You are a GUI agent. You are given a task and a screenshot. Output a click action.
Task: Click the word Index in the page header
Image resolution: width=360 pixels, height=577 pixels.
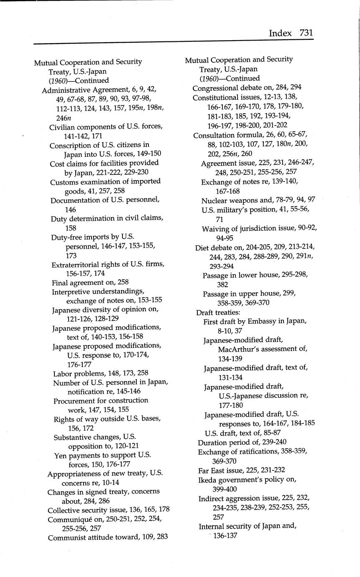coord(280,33)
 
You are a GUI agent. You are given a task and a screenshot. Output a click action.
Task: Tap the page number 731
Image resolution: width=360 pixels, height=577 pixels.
coord(306,33)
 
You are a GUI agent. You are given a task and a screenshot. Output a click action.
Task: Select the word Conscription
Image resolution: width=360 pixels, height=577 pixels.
coord(69,146)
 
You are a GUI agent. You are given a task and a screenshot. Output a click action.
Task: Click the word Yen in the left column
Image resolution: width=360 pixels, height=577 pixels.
coord(60,455)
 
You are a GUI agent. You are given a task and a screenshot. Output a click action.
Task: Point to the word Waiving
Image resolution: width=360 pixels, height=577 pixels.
coord(215,229)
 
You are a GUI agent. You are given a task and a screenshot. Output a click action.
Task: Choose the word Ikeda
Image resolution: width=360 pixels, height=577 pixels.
coord(208,480)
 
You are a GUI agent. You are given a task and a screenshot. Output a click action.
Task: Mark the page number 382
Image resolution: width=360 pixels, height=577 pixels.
coord(223,285)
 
